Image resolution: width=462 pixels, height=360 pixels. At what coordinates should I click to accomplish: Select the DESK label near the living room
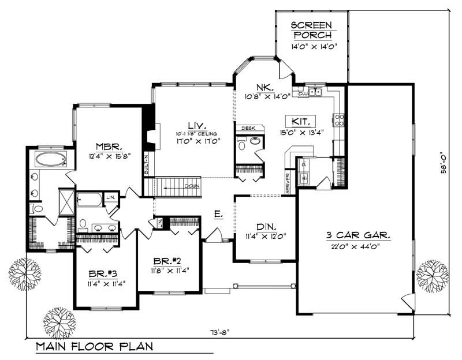tap(248, 128)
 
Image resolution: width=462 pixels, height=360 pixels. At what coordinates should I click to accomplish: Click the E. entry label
tap(218, 214)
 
